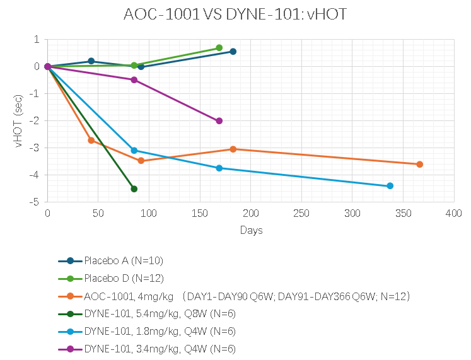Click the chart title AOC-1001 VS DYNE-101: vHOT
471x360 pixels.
coord(235,15)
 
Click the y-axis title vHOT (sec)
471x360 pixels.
coord(20,120)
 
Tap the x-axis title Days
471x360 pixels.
coord(251,230)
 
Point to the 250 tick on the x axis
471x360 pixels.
coord(301,214)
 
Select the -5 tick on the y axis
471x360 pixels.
coord(35,202)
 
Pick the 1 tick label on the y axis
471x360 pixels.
coord(37,39)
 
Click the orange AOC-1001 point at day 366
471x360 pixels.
coord(419,165)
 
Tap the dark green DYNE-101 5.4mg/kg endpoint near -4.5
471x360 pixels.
coord(134,189)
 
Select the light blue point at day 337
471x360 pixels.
coord(390,186)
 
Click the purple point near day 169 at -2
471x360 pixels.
coord(219,121)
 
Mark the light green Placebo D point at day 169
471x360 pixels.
coord(219,48)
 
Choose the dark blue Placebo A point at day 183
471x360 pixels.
coord(233,52)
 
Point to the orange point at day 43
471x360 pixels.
coord(91,140)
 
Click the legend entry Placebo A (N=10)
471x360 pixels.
coord(119,260)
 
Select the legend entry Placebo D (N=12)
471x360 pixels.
coord(119,278)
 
